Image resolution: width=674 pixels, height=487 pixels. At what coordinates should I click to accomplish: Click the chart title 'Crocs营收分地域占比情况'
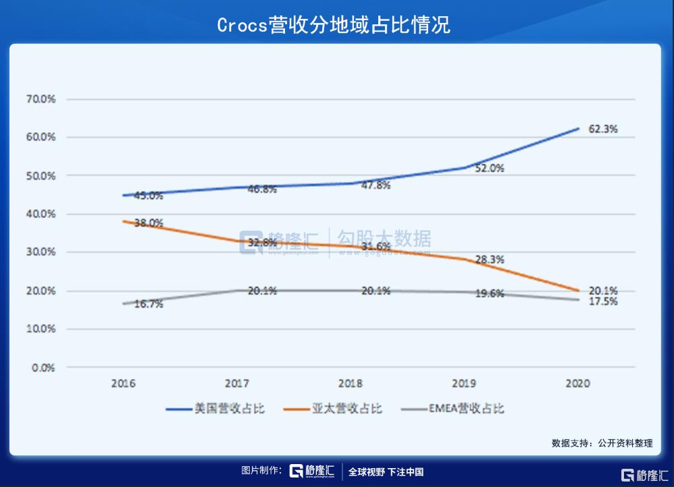[x=334, y=25]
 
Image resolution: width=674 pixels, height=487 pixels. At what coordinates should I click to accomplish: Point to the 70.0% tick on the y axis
[x=41, y=99]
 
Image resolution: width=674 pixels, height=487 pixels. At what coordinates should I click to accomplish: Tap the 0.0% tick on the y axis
[x=43, y=368]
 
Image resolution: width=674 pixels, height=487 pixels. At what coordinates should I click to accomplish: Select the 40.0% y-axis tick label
[x=41, y=214]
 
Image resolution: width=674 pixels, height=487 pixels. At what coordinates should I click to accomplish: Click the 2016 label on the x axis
[x=124, y=383]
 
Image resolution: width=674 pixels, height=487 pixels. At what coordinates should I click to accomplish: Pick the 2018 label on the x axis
[x=351, y=383]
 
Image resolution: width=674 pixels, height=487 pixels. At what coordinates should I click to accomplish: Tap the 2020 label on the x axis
[x=578, y=383]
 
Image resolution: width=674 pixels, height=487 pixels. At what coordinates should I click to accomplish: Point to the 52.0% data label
[x=490, y=169]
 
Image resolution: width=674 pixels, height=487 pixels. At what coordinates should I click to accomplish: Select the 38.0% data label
[x=149, y=223]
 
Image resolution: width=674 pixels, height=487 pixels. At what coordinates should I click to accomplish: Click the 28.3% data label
[x=490, y=259]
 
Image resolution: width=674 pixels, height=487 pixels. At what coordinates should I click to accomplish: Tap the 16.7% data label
[x=149, y=304]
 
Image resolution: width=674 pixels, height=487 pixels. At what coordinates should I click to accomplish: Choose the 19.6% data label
[x=490, y=293]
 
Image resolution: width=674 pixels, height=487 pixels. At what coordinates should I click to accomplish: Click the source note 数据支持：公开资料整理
[x=602, y=443]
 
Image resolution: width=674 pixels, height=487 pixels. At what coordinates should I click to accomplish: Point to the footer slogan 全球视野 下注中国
[x=386, y=472]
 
